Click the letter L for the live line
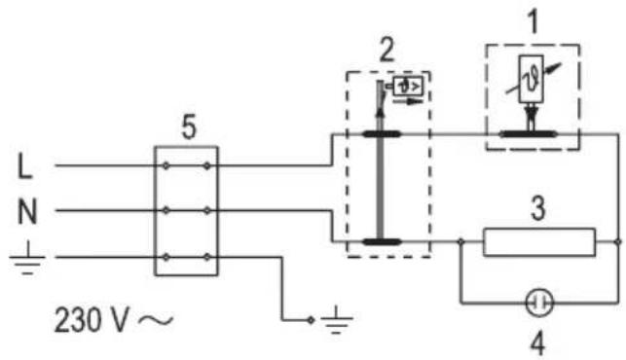pos(24,166)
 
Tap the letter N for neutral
pos(27,212)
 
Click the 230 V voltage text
pos(92,320)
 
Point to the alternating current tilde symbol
pos(156,320)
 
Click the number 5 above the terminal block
pos(189,127)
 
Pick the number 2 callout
pos(387,50)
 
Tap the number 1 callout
pos(533,21)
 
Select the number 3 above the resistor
pos(538,209)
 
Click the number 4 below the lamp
pos(538,344)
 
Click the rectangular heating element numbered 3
pos(539,242)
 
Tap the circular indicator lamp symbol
pos(539,304)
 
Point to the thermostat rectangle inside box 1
pos(531,79)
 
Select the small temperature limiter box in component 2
pos(408,87)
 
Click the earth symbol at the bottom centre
pos(336,319)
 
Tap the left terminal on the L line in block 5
pos(166,165)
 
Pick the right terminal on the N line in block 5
pos(206,210)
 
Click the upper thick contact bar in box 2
pos(382,134)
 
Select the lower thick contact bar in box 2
pos(382,241)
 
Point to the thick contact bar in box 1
pos(528,134)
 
